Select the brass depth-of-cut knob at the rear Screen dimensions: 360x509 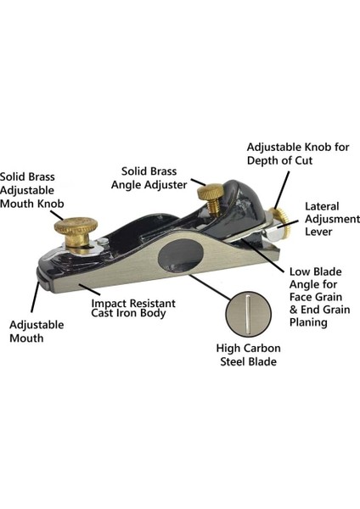(282, 221)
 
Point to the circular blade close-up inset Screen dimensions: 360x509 (248, 314)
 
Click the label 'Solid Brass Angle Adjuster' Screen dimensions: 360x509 (149, 178)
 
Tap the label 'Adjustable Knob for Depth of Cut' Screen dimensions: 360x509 (298, 154)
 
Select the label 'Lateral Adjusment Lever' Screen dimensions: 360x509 (332, 219)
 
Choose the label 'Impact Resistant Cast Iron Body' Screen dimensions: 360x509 (133, 308)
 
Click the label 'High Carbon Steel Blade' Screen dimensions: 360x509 (248, 355)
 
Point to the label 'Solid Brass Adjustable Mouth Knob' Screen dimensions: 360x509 (32, 190)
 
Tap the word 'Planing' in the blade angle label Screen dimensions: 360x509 (308, 322)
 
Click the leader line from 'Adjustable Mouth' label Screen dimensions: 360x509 (36, 297)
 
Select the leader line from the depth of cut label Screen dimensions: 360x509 (283, 189)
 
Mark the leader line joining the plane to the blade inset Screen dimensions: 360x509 (210, 287)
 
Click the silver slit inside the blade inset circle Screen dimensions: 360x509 (248, 314)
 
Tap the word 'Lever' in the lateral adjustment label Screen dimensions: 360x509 (318, 232)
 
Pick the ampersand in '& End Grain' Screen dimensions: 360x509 (294, 310)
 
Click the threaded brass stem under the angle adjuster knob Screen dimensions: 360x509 (213, 207)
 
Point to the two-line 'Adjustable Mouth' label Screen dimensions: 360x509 (37, 331)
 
